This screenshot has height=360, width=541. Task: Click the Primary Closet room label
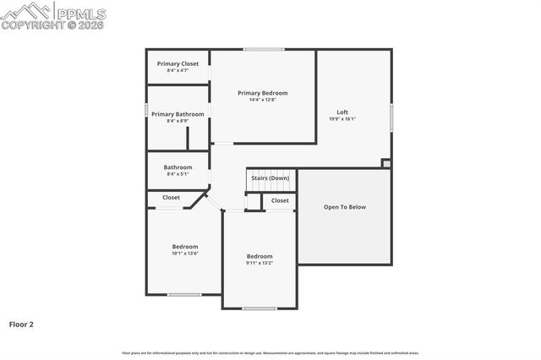tap(178, 63)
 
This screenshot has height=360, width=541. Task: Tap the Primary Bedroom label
tap(262, 93)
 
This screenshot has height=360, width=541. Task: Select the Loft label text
tap(342, 112)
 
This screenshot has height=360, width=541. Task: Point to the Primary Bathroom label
tap(178, 114)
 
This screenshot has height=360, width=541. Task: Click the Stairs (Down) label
tap(270, 178)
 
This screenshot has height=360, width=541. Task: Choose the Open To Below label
tap(345, 206)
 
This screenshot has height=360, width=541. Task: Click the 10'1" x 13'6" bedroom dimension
tap(185, 254)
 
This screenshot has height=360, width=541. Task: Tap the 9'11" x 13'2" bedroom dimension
tap(260, 263)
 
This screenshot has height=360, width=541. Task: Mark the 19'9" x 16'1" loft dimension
tap(342, 119)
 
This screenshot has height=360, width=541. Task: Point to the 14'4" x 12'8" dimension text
tap(262, 100)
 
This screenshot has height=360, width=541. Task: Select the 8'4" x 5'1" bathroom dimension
tap(178, 174)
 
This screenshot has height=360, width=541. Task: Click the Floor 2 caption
tap(21, 324)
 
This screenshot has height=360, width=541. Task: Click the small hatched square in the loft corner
tap(386, 163)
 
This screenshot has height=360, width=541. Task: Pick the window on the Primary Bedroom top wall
tap(264, 49)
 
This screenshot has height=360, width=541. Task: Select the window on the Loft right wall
tap(391, 117)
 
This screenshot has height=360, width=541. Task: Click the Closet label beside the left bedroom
tap(171, 198)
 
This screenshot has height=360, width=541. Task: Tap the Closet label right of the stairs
tap(280, 200)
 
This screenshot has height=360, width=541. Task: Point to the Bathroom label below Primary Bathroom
tap(178, 167)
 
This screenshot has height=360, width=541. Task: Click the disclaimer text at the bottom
tap(270, 353)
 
